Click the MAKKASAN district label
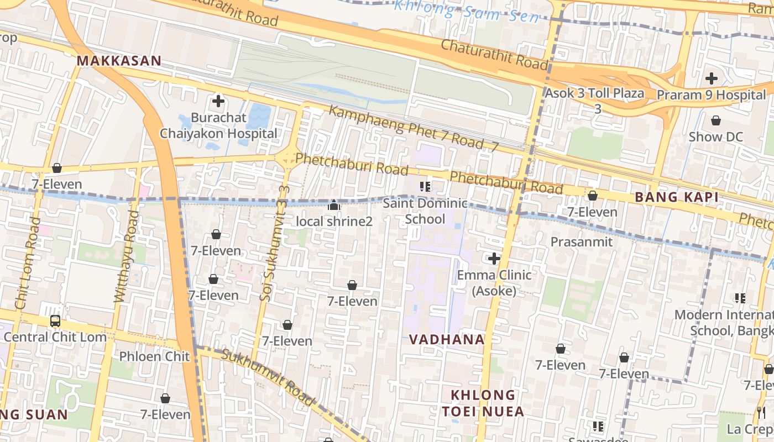click(x=119, y=61)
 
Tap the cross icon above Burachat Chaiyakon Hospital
click(x=218, y=101)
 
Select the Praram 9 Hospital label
click(x=711, y=95)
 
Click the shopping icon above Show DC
click(x=716, y=120)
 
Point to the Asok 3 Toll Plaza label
click(x=595, y=93)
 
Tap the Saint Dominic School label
click(x=425, y=211)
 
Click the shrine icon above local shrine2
click(x=334, y=206)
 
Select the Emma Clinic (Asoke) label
click(x=494, y=282)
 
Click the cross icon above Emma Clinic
click(x=494, y=258)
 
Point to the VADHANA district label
click(x=447, y=339)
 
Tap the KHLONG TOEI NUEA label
click(x=483, y=403)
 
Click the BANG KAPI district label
click(x=676, y=197)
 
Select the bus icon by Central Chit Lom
click(x=55, y=320)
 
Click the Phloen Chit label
click(x=154, y=356)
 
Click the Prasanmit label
click(x=581, y=242)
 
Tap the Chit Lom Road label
click(x=28, y=263)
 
